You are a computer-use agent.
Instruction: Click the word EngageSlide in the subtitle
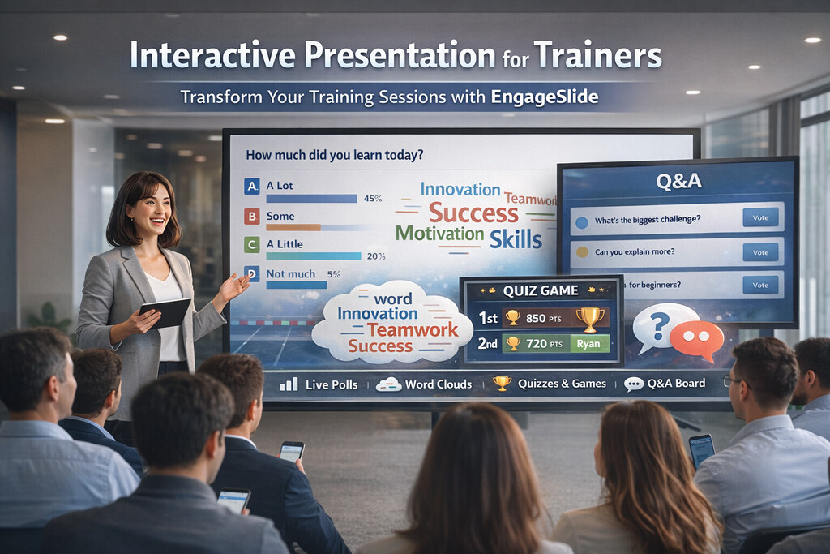pyautogui.click(x=545, y=97)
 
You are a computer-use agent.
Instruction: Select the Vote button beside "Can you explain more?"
pyautogui.click(x=760, y=251)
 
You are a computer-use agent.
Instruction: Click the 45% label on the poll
pyautogui.click(x=373, y=198)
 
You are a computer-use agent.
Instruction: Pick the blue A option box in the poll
pyautogui.click(x=252, y=187)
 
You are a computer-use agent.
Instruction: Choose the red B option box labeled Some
pyautogui.click(x=252, y=217)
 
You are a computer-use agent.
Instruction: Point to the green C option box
pyautogui.click(x=252, y=244)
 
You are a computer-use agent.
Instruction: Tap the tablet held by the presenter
pyautogui.click(x=167, y=312)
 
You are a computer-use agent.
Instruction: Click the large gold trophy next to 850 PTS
pyautogui.click(x=590, y=317)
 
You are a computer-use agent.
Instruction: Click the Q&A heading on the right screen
pyautogui.click(x=678, y=182)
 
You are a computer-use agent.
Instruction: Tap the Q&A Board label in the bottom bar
pyautogui.click(x=676, y=384)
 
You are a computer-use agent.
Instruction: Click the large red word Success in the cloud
pyautogui.click(x=473, y=213)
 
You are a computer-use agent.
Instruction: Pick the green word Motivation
pyautogui.click(x=439, y=234)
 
